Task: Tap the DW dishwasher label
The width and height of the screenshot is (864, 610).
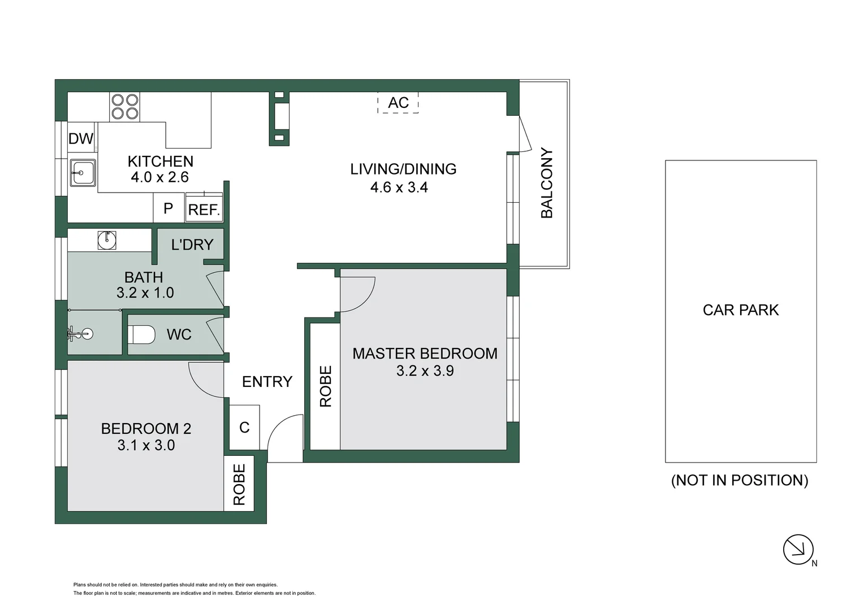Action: point(81,139)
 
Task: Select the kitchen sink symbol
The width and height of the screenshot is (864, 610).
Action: point(83,172)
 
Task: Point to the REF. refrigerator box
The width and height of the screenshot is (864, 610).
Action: point(204,209)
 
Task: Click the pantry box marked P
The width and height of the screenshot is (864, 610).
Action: point(168,208)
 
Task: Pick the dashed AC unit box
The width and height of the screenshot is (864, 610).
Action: point(398,103)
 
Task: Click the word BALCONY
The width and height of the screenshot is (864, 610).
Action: point(547,182)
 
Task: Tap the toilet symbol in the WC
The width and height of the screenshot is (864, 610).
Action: point(142,334)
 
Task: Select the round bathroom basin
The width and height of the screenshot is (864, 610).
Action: point(107,240)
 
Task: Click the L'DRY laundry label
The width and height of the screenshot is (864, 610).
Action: point(192,245)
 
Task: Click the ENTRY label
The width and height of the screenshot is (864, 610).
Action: point(267,382)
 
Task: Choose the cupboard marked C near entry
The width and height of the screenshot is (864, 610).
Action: point(244,427)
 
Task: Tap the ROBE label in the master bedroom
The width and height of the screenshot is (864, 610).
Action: point(326,386)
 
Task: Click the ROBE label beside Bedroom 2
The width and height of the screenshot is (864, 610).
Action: point(239,485)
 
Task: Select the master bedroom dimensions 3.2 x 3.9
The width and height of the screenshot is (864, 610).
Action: point(425,371)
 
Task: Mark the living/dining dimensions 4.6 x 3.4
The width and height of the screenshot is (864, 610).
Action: point(399,188)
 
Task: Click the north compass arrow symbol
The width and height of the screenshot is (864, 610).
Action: point(798,549)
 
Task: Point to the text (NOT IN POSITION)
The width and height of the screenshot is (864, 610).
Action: point(740,480)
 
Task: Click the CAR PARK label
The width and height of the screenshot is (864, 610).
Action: point(740,310)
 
